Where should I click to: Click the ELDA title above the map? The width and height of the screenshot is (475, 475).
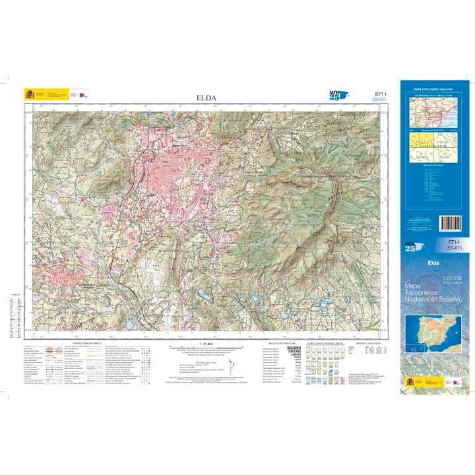tap(206, 98)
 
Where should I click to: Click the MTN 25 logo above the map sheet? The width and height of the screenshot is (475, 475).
tap(337, 96)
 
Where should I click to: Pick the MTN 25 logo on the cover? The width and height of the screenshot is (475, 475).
tap(411, 246)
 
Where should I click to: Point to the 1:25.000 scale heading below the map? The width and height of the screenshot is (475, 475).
tap(206, 344)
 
